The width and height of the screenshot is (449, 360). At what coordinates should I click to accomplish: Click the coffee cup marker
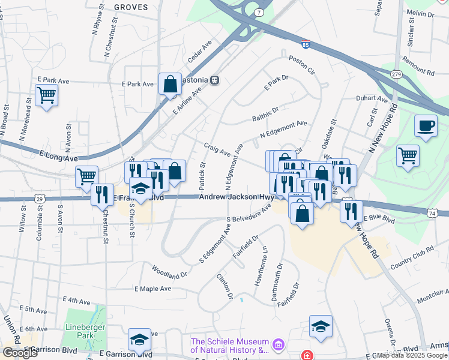pos(426,126)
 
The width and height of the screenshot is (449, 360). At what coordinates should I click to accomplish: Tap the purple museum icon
pos(277,344)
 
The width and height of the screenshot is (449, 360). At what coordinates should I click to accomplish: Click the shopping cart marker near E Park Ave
pos(46,95)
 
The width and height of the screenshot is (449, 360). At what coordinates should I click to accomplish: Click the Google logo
pos(20,353)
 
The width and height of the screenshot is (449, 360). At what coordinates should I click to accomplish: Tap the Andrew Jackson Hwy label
pos(236,197)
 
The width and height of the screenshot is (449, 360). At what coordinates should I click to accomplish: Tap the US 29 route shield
pos(40,198)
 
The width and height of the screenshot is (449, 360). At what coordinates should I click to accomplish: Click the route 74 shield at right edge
pos(432,212)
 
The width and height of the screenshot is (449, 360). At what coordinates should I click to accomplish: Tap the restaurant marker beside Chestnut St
pos(102,194)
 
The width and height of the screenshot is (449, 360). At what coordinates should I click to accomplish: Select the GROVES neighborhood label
pos(130,6)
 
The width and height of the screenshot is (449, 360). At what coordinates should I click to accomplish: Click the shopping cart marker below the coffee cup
pos(408,155)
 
